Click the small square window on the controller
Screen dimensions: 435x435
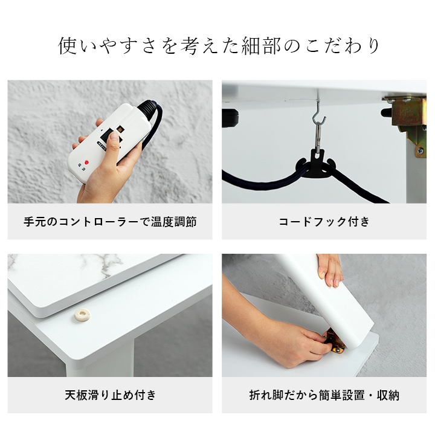pyautogui.click(x=120, y=129)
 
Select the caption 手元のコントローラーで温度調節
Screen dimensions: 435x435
pyautogui.click(x=110, y=222)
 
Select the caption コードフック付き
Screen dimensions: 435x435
pyautogui.click(x=324, y=222)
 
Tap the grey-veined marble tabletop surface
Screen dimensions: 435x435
pyautogui.click(x=91, y=269)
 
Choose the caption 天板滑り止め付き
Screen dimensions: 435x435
pyautogui.click(x=110, y=396)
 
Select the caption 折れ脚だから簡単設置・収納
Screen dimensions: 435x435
pyautogui.click(x=324, y=396)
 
